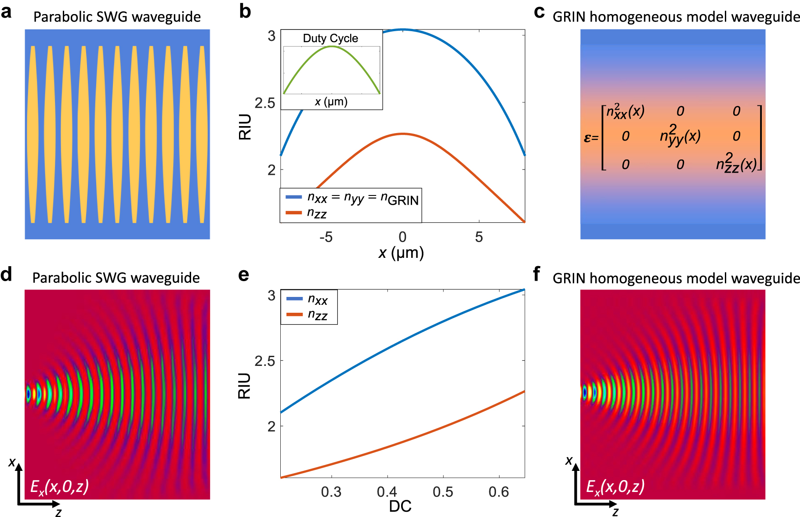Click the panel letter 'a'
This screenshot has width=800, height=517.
[x=6, y=12]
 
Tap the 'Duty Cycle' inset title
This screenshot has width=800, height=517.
[x=330, y=38]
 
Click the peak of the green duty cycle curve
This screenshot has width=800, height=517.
[x=332, y=46]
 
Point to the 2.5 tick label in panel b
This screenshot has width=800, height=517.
[x=264, y=103]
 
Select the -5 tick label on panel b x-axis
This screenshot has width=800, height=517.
[x=326, y=237]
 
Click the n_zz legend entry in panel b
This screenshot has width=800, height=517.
[x=317, y=213]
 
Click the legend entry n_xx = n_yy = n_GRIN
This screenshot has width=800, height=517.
[x=362, y=199]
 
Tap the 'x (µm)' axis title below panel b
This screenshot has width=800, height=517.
[x=401, y=253]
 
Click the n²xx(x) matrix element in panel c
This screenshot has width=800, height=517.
[x=625, y=112]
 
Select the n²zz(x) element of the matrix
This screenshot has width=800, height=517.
[x=736, y=164]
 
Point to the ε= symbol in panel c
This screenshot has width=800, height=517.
[x=590, y=138]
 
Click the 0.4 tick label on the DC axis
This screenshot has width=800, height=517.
[x=387, y=492]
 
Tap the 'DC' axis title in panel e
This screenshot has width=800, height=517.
[x=400, y=506]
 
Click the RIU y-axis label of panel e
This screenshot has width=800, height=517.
[x=244, y=386]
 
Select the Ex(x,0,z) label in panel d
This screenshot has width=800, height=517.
[x=59, y=486]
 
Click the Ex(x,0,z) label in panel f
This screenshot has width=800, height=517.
[x=615, y=486]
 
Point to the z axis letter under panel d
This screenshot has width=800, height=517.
[x=58, y=512]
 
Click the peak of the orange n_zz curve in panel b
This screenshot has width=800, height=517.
[x=402, y=134]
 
